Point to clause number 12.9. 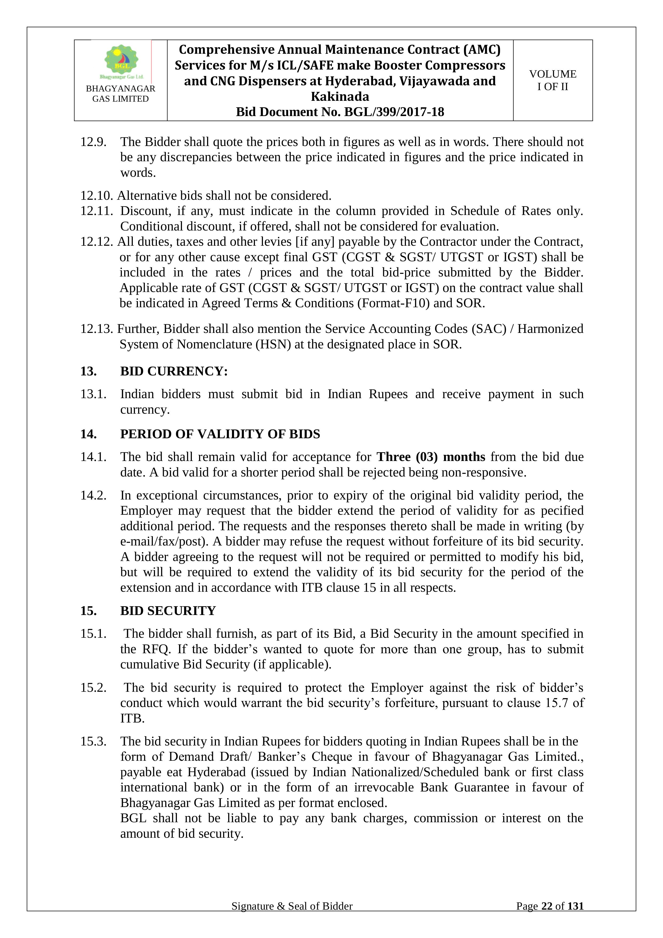93,142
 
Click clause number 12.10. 96,196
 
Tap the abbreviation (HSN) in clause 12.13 273,344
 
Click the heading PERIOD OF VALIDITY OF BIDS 220,434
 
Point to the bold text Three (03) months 431,457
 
